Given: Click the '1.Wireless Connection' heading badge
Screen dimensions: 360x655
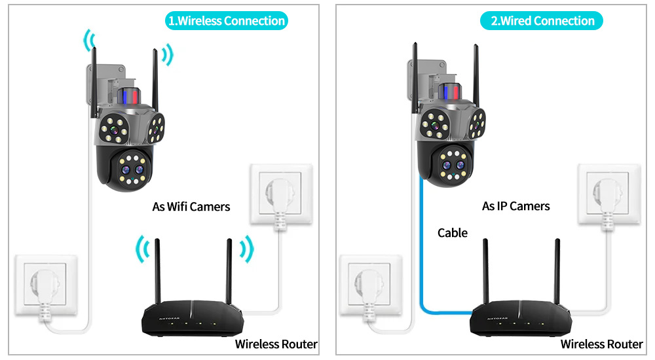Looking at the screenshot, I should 227,21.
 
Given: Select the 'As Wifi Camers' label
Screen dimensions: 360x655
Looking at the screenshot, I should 191,207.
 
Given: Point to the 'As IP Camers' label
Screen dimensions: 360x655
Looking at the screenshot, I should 516,206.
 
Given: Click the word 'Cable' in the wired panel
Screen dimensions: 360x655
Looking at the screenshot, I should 453,232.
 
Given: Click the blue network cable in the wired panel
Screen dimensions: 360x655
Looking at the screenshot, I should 420,262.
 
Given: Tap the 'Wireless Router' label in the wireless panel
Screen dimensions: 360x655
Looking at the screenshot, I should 276,344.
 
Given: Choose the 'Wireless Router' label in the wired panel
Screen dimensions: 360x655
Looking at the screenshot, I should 601,344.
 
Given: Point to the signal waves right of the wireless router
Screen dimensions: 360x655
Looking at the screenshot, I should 246,249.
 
